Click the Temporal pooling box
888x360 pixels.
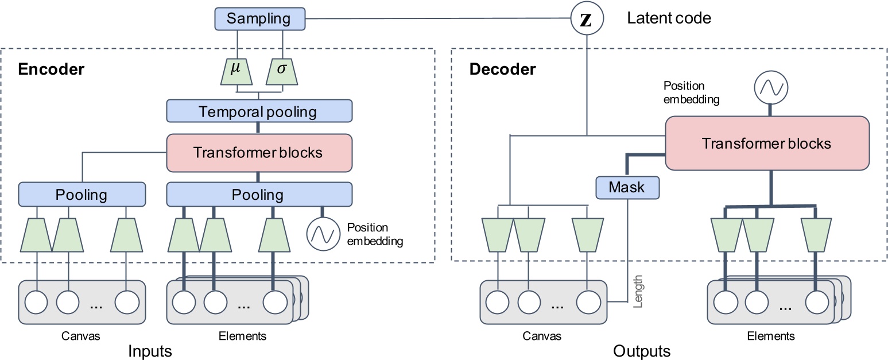[x=258, y=111]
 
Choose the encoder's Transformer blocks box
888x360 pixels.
[x=258, y=153]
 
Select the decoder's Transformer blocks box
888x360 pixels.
[x=766, y=143]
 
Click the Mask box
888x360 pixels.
[x=627, y=187]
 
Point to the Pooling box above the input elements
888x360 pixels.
[x=258, y=195]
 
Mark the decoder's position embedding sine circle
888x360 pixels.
[x=771, y=88]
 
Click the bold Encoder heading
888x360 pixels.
[x=51, y=69]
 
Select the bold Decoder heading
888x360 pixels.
[x=502, y=69]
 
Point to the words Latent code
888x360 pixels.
[x=669, y=18]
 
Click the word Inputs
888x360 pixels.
[x=150, y=350]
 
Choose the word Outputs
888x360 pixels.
[x=641, y=350]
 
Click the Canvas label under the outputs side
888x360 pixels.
[x=542, y=336]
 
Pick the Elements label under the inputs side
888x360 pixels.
[x=242, y=336]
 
